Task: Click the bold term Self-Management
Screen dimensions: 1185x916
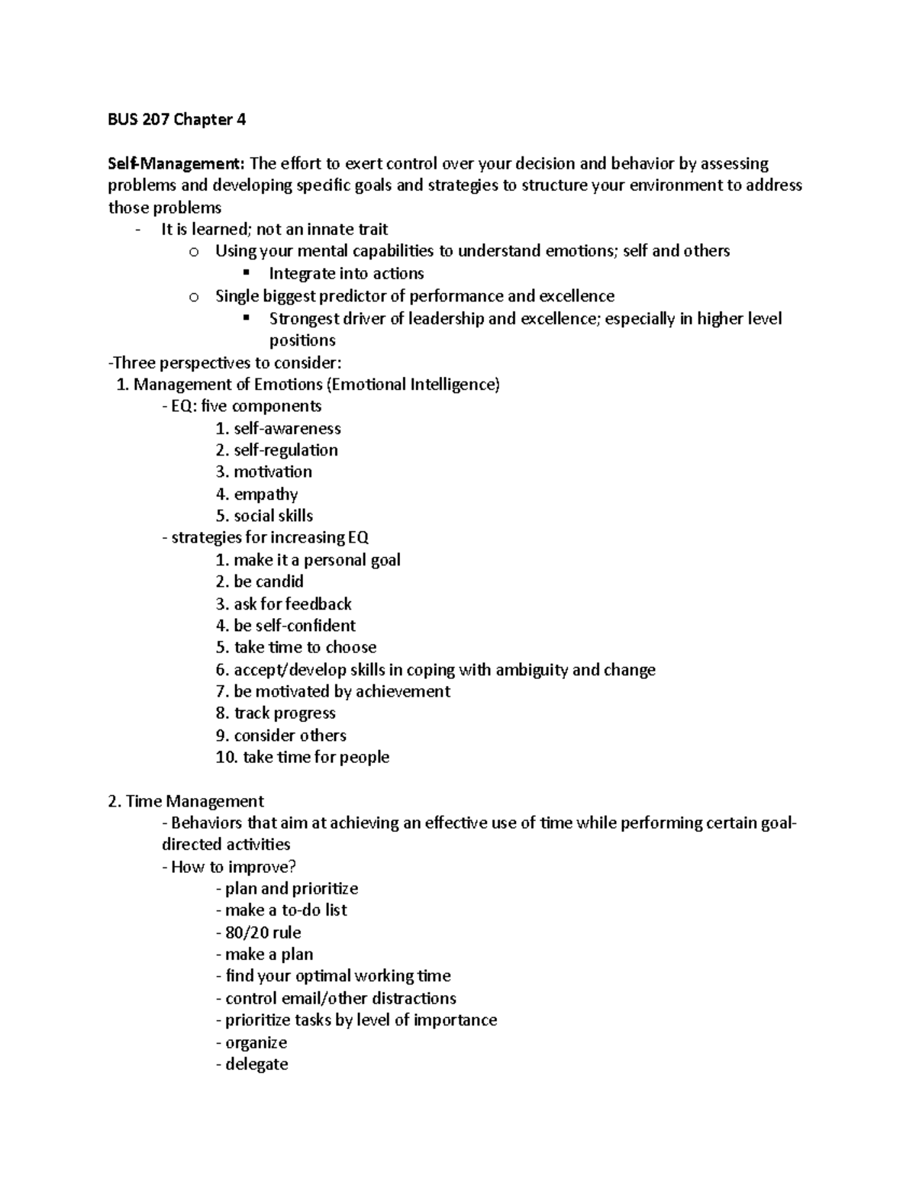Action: point(175,163)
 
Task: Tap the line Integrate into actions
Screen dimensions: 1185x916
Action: point(346,273)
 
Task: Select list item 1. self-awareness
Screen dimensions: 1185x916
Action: point(279,428)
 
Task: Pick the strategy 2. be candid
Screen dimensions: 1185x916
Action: point(260,581)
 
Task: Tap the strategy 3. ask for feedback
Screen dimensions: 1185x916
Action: point(284,604)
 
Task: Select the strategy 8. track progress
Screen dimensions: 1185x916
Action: point(276,713)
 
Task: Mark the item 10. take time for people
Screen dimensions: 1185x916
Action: point(303,757)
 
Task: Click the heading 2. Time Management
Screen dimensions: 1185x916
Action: point(186,801)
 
